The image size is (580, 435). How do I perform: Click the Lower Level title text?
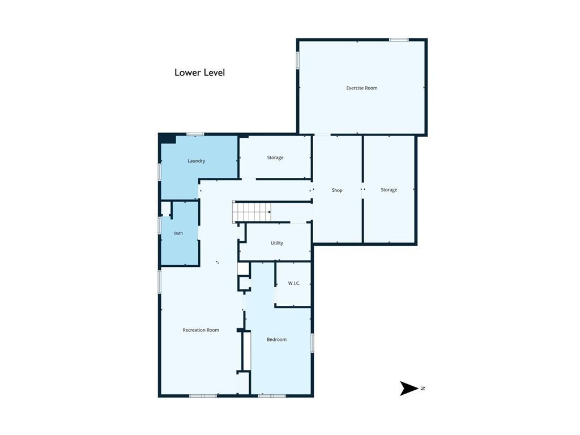pyautogui.click(x=199, y=72)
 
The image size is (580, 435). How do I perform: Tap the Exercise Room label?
pyautogui.click(x=362, y=88)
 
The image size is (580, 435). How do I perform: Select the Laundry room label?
pyautogui.click(x=196, y=161)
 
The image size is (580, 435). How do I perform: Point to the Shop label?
pyautogui.click(x=337, y=190)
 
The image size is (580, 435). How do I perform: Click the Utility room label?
pyautogui.click(x=276, y=243)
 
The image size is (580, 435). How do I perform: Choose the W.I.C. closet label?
pyautogui.click(x=294, y=283)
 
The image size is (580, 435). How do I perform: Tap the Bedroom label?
pyautogui.click(x=276, y=340)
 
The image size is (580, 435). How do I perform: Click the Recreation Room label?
pyautogui.click(x=201, y=330)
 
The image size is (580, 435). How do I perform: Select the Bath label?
pyautogui.click(x=178, y=233)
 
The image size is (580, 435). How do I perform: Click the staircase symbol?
pyautogui.click(x=251, y=212)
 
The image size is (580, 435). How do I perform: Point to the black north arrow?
pyautogui.click(x=409, y=389)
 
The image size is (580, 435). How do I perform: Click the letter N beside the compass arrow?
pyautogui.click(x=423, y=389)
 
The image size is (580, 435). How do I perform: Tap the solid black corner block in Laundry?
pyautogui.click(x=167, y=139)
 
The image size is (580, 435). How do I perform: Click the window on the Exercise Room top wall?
pyautogui.click(x=399, y=40)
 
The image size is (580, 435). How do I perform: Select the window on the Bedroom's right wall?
pyautogui.click(x=312, y=343)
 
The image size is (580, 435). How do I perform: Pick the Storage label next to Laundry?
pyautogui.click(x=275, y=157)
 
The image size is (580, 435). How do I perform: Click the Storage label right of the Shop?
pyautogui.click(x=389, y=190)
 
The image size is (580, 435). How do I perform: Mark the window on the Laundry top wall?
pyautogui.click(x=195, y=134)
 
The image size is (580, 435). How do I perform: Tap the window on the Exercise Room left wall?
pyautogui.click(x=297, y=60)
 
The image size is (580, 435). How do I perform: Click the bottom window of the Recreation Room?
pyautogui.click(x=203, y=396)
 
